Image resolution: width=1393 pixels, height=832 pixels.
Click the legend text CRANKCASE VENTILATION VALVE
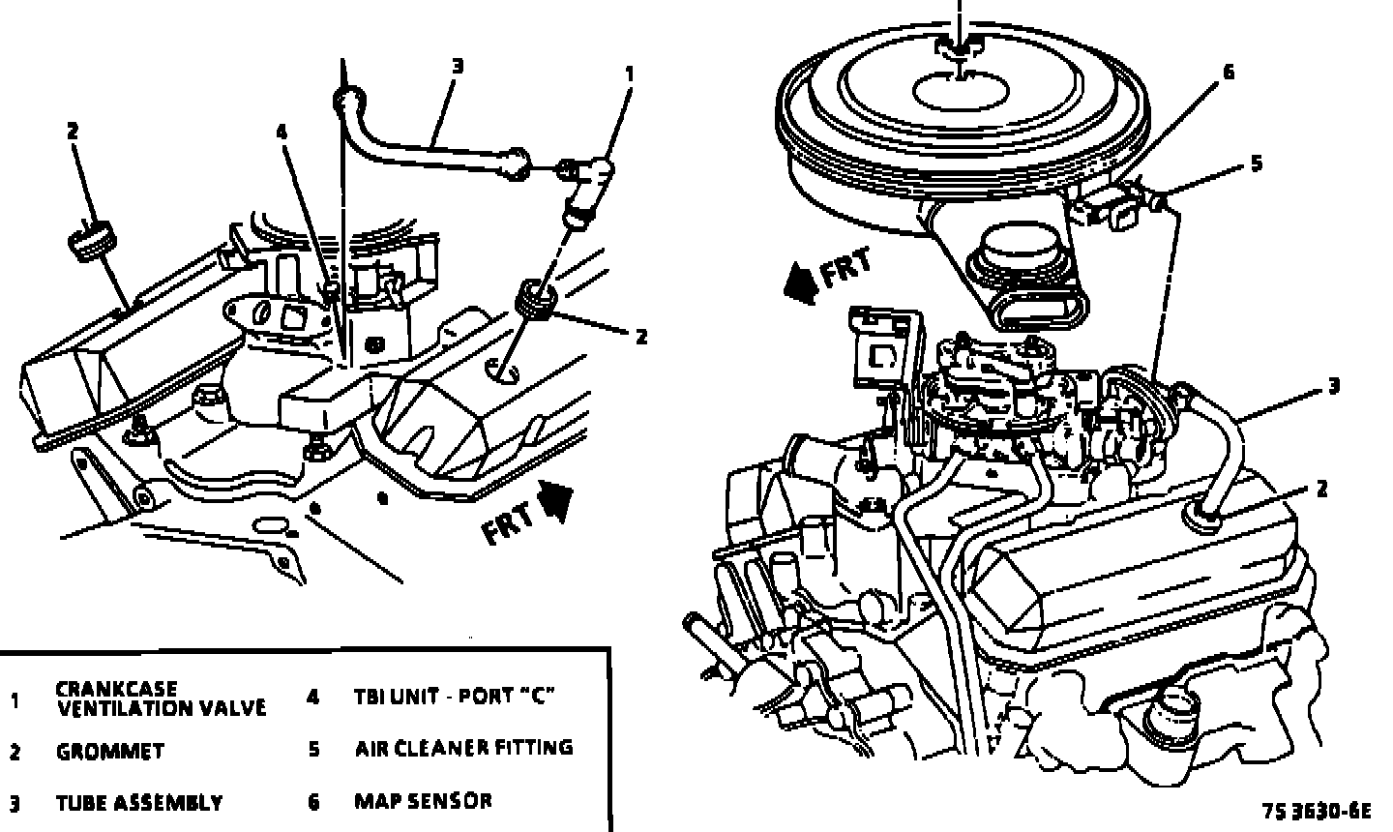[x=160, y=698]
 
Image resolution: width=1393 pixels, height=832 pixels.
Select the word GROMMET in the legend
[x=109, y=752]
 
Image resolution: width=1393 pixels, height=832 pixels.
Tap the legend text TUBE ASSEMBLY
[x=139, y=803]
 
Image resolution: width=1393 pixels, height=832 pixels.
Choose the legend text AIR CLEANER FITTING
[x=463, y=748]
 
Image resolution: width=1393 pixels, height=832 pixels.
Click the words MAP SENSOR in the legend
[x=423, y=801]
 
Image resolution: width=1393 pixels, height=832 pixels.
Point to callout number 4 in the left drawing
[x=282, y=133]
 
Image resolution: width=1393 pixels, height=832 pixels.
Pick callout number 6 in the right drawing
[x=1229, y=73]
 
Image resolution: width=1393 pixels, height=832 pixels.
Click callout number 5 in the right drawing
[x=1256, y=163]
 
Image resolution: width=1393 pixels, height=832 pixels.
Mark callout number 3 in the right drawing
[x=1333, y=387]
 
